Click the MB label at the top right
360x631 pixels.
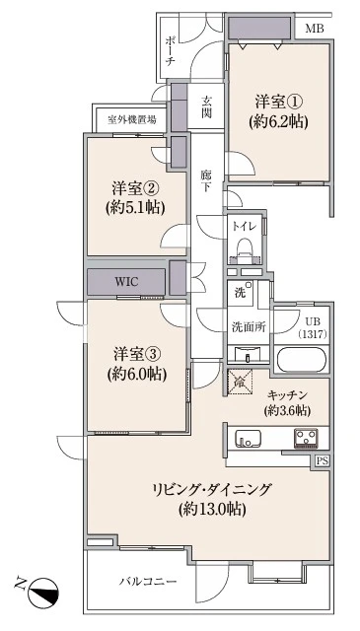click(314, 28)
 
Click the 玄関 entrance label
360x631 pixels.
click(207, 105)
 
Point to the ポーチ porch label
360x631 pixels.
click(171, 49)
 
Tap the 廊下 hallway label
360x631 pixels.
click(206, 181)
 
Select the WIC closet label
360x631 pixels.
click(126, 281)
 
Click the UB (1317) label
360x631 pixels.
click(312, 328)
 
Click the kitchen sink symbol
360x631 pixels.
click(246, 439)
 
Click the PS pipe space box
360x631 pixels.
click(323, 460)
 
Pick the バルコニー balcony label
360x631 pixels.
click(148, 582)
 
